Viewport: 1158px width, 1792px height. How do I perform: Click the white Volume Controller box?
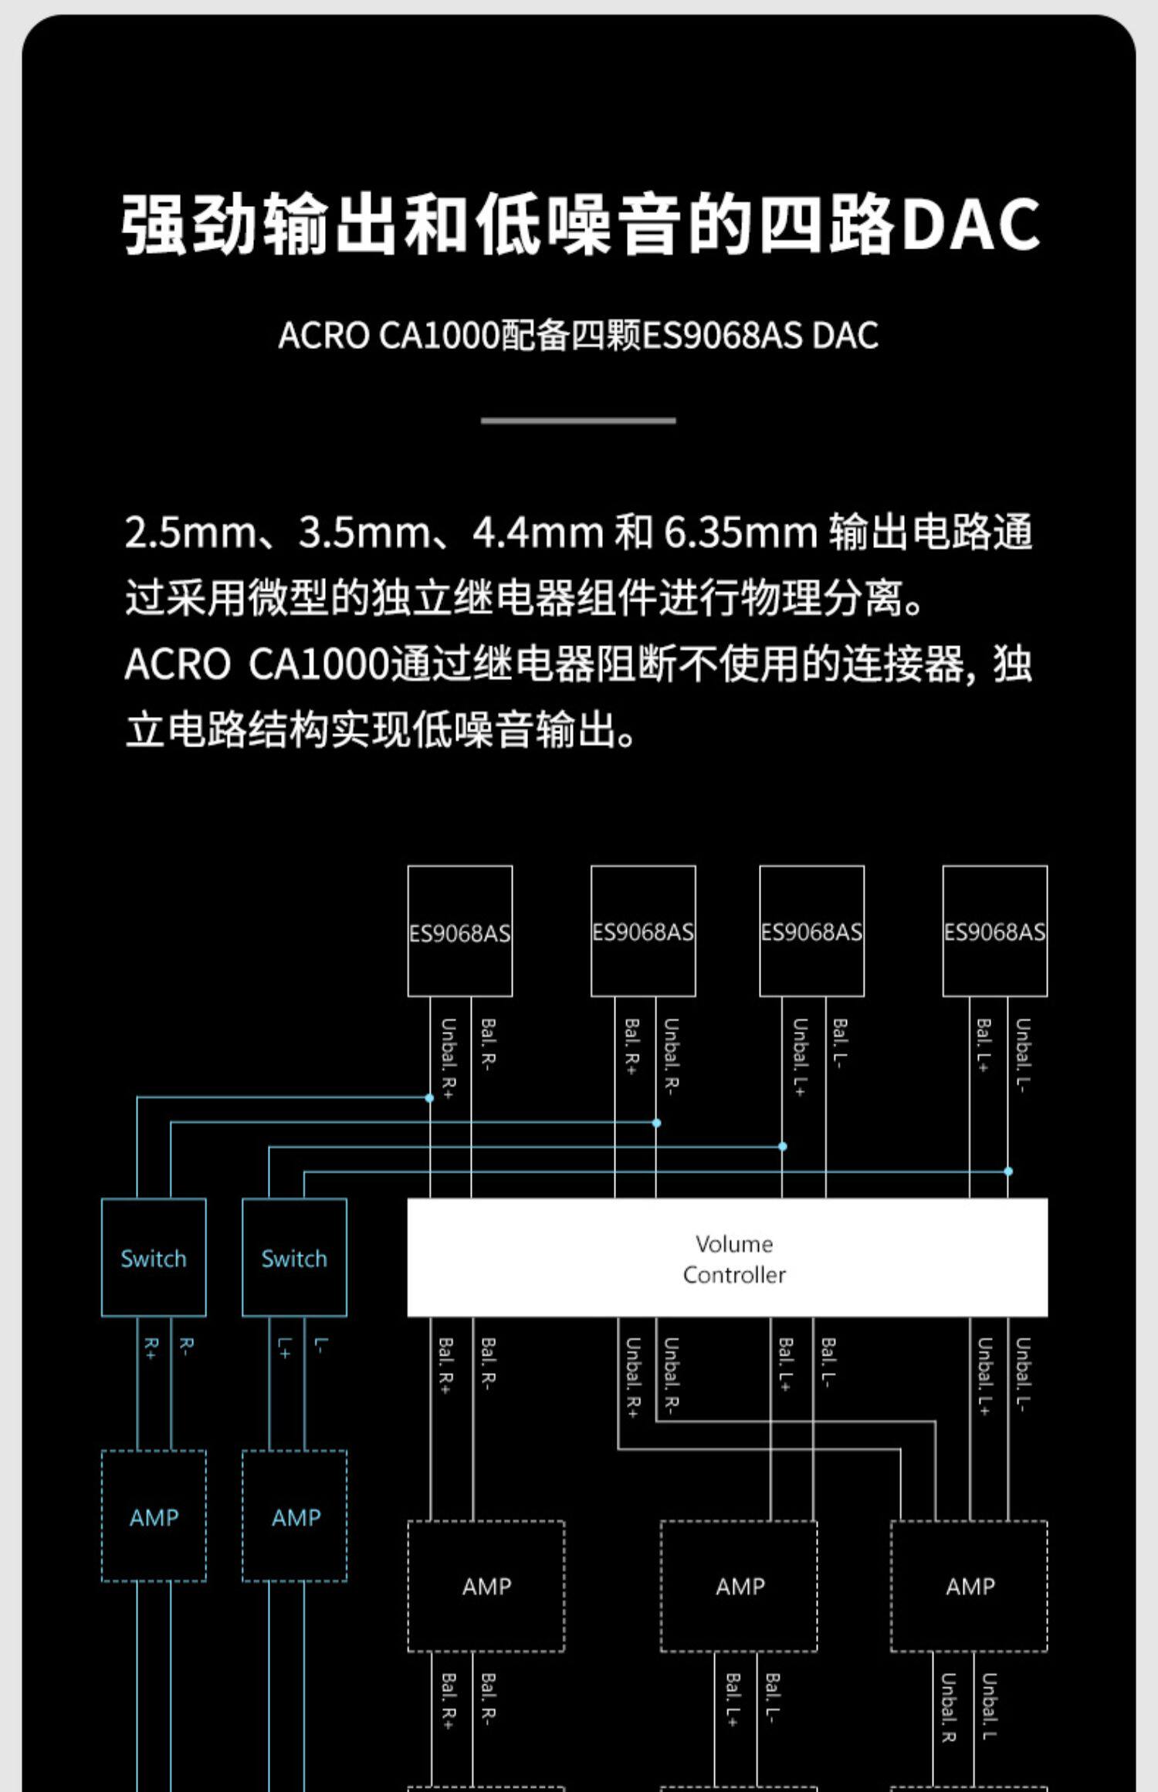pyautogui.click(x=726, y=1257)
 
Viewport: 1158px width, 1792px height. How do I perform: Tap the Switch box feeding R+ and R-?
pyautogui.click(x=154, y=1257)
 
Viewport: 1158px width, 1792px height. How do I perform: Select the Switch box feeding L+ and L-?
pyautogui.click(x=294, y=1257)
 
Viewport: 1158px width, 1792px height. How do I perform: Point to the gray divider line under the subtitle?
pyautogui.click(x=578, y=421)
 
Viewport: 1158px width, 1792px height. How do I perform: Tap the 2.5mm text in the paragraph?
pyautogui.click(x=190, y=533)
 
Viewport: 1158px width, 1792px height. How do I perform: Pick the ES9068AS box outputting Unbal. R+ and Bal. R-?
pyautogui.click(x=460, y=931)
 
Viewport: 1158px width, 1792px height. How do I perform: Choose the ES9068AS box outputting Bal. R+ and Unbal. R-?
pyautogui.click(x=643, y=931)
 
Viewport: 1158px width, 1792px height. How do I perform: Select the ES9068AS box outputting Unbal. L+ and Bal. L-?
pyautogui.click(x=811, y=931)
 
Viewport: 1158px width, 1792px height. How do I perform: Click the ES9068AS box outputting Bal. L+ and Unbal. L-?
pyautogui.click(x=994, y=931)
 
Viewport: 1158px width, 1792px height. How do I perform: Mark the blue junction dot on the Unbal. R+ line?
pyautogui.click(x=429, y=1097)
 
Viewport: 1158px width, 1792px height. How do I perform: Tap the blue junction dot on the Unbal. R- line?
pyautogui.click(x=656, y=1123)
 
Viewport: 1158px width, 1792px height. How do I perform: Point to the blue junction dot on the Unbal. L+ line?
pyautogui.click(x=783, y=1147)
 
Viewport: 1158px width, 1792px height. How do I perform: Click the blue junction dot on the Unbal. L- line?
pyautogui.click(x=1008, y=1171)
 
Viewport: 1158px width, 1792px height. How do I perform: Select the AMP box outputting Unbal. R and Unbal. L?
pyautogui.click(x=969, y=1586)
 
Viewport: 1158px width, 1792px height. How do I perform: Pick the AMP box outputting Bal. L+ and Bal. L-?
pyautogui.click(x=739, y=1586)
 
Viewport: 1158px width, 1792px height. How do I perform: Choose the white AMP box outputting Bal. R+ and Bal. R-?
pyautogui.click(x=486, y=1586)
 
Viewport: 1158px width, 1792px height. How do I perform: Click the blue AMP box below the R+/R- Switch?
pyautogui.click(x=154, y=1516)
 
